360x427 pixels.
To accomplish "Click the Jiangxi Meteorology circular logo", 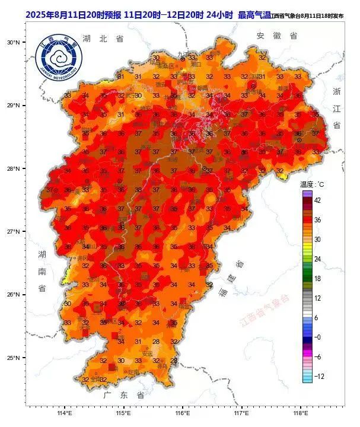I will coord(59,59).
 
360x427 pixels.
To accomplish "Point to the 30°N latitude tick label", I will coord(14,42).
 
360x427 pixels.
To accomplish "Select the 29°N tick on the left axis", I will coord(14,106).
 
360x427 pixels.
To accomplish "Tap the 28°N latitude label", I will coord(14,168).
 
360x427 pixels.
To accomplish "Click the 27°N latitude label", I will coord(14,231).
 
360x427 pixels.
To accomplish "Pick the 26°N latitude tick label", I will coord(14,295).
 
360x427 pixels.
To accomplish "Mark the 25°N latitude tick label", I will coord(14,358).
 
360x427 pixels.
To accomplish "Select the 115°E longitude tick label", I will coord(123,413).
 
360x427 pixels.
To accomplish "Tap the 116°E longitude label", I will coord(182,413).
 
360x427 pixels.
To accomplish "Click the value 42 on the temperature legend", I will coord(318,200).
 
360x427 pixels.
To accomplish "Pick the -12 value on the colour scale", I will coord(318,375).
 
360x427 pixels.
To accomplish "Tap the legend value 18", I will coord(317,278).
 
